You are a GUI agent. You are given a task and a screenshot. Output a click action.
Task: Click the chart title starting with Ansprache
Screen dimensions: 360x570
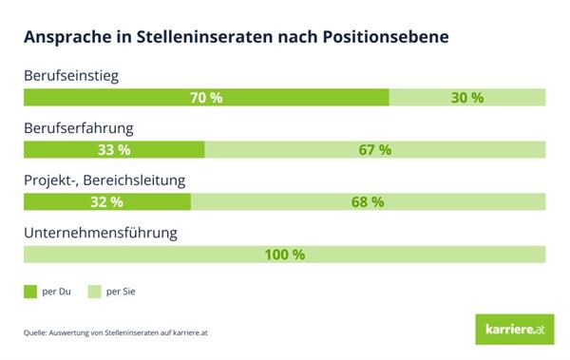(x=236, y=38)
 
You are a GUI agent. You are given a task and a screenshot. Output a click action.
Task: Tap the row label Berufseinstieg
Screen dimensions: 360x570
(x=73, y=76)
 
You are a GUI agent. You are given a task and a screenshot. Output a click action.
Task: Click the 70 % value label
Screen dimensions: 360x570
(x=206, y=98)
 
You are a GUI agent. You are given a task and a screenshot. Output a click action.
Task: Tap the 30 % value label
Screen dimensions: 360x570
(x=467, y=98)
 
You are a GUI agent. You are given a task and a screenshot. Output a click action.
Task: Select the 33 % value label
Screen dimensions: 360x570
(x=114, y=150)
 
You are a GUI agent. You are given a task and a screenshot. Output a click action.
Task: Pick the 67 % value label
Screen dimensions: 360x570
(x=374, y=150)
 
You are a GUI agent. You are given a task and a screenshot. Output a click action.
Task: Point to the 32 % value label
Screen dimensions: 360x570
(x=106, y=201)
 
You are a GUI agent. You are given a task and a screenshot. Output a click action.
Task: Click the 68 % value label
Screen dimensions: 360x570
(x=367, y=201)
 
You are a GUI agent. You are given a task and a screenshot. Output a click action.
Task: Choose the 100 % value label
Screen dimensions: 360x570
(x=284, y=254)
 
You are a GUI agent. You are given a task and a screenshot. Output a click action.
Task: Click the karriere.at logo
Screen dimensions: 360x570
(x=511, y=330)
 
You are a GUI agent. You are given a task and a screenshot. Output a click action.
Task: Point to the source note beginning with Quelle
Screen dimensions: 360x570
(x=120, y=333)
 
